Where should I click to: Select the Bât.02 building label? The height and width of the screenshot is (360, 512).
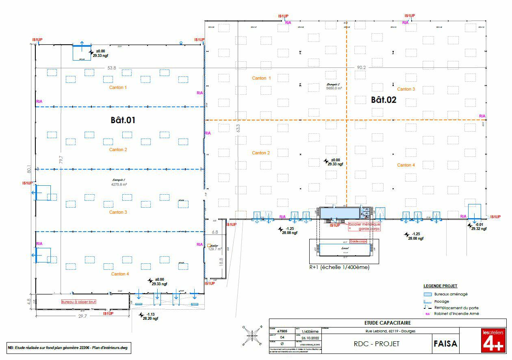pyautogui.click(x=383, y=100)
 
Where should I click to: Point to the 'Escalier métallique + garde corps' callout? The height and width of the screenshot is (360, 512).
pyautogui.click(x=364, y=227)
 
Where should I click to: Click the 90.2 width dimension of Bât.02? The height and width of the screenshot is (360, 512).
pyautogui.click(x=361, y=67)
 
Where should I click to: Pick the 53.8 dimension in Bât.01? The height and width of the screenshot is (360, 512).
pyautogui.click(x=112, y=68)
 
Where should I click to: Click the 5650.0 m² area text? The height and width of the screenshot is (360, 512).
pyautogui.click(x=334, y=88)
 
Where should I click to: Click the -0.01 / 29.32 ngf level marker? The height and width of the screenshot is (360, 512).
pyautogui.click(x=477, y=227)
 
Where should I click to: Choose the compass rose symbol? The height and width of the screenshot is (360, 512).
pyautogui.click(x=252, y=336)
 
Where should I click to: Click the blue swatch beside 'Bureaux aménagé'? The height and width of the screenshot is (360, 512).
pyautogui.click(x=427, y=294)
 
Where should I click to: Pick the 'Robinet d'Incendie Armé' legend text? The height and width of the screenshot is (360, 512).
pyautogui.click(x=456, y=314)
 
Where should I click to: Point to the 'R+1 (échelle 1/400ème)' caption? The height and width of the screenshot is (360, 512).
pyautogui.click(x=339, y=267)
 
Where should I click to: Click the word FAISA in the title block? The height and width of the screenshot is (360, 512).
pyautogui.click(x=446, y=344)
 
